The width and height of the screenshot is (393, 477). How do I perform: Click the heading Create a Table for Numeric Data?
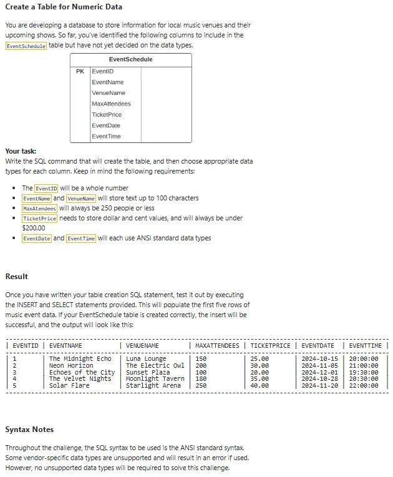[64, 7]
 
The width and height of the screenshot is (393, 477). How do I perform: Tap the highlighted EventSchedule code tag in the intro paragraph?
[26, 46]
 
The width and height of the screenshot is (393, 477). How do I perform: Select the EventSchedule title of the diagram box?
[130, 59]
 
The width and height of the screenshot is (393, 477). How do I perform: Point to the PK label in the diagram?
[80, 71]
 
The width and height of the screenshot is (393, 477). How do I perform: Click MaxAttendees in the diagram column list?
[111, 104]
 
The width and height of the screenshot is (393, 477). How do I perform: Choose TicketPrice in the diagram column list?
[107, 115]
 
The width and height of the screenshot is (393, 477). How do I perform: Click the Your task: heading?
[21, 151]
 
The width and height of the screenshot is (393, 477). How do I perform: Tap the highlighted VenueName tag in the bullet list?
[80, 198]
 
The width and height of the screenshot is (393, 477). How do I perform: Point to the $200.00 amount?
[34, 228]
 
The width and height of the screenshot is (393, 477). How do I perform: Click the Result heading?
[16, 277]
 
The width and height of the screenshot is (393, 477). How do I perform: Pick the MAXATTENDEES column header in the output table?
[217, 345]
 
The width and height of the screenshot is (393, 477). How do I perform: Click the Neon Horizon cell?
[71, 365]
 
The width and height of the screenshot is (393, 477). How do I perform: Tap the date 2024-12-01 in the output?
[319, 372]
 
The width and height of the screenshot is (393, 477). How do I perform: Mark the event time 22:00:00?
[364, 386]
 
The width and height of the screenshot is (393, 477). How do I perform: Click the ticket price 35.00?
[260, 379]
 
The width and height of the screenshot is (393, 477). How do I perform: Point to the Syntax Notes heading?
[29, 430]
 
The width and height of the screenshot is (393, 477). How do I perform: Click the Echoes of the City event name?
[82, 372]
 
